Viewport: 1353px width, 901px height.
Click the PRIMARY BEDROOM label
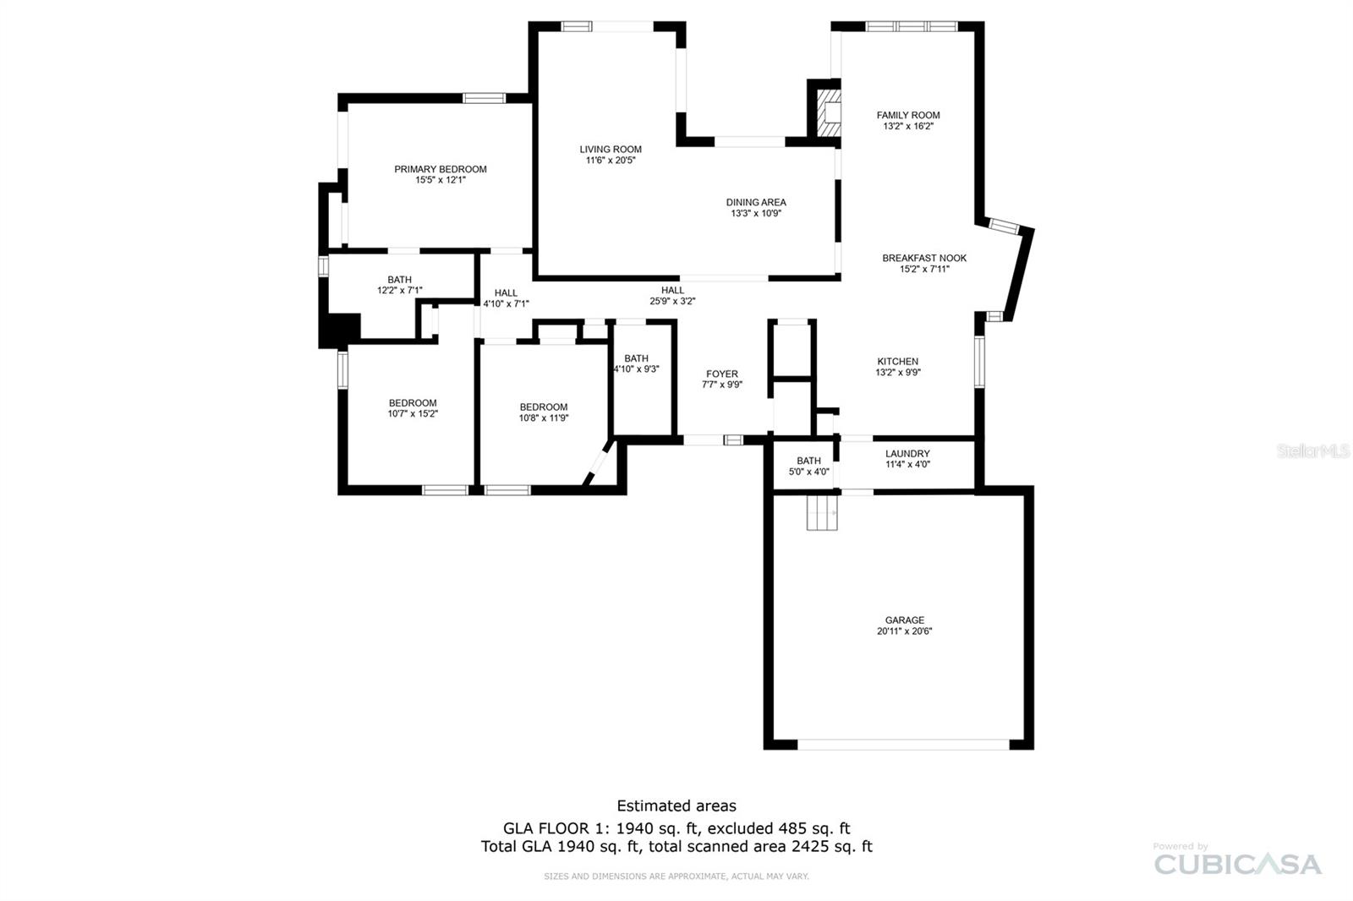(440, 169)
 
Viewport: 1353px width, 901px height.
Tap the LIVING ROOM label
(610, 150)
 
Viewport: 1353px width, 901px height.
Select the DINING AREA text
(756, 202)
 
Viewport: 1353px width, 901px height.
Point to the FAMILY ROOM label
(908, 115)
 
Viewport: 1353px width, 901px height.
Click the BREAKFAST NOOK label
(924, 258)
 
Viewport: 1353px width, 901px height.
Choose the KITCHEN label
(897, 361)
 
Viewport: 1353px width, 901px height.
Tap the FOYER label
(721, 374)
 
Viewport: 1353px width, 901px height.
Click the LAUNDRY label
(907, 454)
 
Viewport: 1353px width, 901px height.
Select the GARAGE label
(904, 620)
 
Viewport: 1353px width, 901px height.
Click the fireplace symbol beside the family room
(829, 109)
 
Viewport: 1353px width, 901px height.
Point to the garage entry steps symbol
(822, 512)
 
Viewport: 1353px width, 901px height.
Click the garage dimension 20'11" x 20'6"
(904, 631)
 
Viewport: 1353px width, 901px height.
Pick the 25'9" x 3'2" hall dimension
(672, 302)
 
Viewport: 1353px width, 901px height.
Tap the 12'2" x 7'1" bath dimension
(399, 291)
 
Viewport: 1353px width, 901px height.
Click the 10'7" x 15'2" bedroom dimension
(413, 414)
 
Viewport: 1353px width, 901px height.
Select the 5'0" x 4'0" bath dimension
(808, 472)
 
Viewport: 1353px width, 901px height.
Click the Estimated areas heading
(676, 805)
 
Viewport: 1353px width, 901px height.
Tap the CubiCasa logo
(1237, 863)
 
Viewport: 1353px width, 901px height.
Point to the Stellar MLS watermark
(1312, 451)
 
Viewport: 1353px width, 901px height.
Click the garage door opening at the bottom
(903, 745)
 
